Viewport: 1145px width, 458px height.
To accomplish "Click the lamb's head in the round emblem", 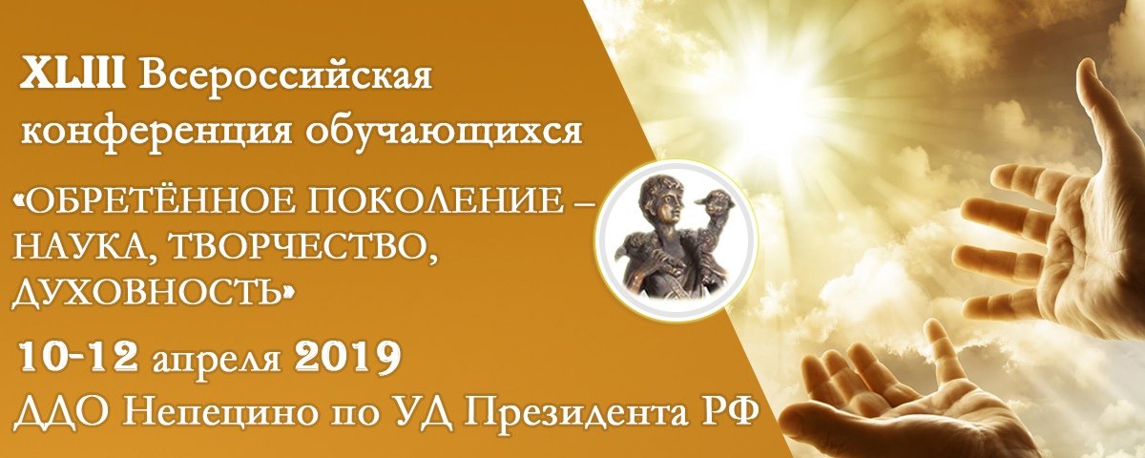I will click(x=715, y=197).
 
